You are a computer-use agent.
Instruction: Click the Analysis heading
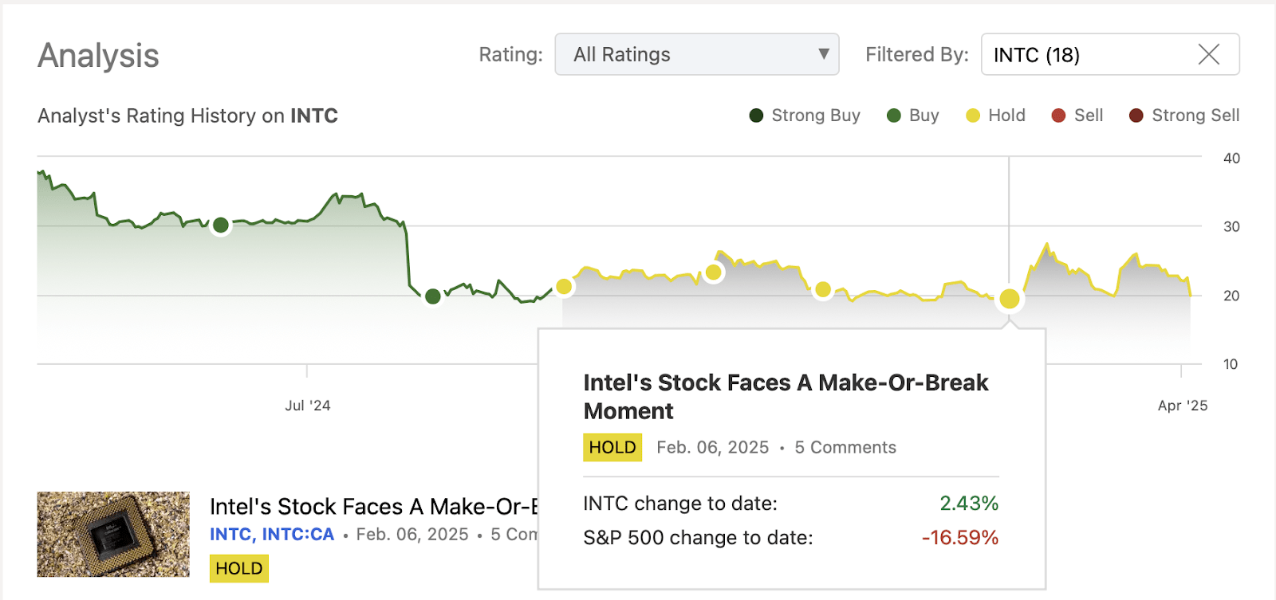click(98, 56)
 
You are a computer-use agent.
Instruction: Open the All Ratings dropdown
click(696, 54)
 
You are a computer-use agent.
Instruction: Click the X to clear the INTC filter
click(1208, 54)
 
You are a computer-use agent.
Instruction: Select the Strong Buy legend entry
click(805, 116)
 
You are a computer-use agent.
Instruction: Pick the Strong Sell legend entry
click(1184, 116)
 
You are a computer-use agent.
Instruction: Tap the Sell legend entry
click(1077, 116)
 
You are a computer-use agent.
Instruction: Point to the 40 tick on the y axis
click(1231, 159)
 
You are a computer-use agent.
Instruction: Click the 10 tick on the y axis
click(1231, 364)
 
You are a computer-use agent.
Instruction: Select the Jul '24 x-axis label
click(308, 406)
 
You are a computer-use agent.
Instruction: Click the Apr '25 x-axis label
click(1182, 406)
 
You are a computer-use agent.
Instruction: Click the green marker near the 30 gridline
click(221, 225)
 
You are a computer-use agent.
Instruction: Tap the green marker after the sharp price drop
click(433, 296)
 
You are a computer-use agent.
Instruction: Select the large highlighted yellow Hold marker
click(1010, 299)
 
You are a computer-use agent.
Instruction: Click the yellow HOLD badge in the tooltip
click(612, 447)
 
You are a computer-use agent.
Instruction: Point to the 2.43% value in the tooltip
click(968, 504)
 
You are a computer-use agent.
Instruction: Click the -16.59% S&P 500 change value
click(959, 538)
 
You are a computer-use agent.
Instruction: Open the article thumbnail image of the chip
click(113, 534)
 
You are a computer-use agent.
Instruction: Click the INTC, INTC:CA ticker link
click(272, 535)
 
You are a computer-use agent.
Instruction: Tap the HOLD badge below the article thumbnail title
click(238, 568)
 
